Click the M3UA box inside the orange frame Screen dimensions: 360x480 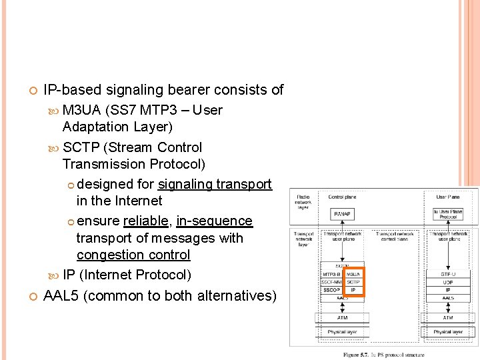(x=353, y=273)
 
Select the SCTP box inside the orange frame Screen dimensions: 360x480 (x=353, y=282)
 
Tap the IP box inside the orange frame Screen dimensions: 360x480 (x=353, y=291)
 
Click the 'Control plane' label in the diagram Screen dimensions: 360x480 (x=341, y=197)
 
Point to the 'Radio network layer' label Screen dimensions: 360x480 (x=303, y=202)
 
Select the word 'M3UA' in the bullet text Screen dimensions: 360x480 (x=82, y=110)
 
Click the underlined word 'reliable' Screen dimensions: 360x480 (x=145, y=221)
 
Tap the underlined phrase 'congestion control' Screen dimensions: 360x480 (x=133, y=255)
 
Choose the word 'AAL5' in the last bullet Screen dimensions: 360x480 (x=64, y=295)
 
